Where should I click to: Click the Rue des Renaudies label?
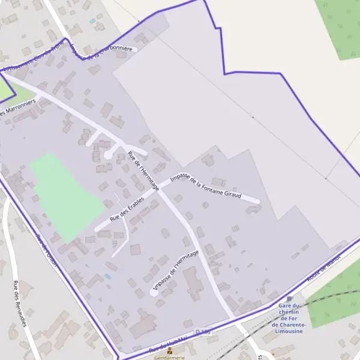[20, 304]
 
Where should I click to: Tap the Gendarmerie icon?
[170, 350]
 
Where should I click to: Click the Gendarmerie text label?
[170, 358]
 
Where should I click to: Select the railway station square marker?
[289, 298]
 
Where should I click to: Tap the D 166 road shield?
[203, 332]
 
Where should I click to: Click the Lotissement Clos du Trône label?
[33, 61]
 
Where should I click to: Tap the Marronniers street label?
[18, 109]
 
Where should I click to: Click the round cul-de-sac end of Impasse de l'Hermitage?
[153, 292]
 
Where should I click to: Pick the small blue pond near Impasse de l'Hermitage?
[108, 276]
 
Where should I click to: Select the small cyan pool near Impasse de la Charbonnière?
[92, 22]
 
